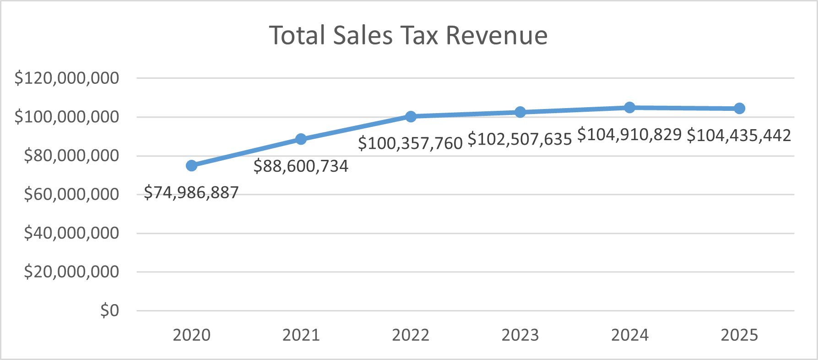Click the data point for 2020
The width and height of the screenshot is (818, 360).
pos(192,165)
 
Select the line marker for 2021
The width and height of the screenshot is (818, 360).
pos(301,139)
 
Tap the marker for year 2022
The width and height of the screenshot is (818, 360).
pos(411,116)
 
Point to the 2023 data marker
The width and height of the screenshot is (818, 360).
pos(520,112)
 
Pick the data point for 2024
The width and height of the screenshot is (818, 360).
pos(629,108)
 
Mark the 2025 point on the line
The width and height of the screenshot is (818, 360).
pos(739,109)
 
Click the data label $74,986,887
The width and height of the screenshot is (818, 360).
pos(191,192)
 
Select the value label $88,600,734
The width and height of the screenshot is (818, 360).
pos(301,166)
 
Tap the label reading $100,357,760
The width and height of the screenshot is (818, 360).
pos(410,143)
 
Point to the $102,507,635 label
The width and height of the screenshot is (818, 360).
pos(520,139)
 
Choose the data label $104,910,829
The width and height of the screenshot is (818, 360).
pos(629,135)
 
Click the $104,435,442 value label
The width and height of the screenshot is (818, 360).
pos(739,136)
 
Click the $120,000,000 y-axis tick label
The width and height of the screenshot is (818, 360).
pos(67,78)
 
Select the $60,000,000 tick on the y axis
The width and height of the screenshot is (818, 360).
pos(71,195)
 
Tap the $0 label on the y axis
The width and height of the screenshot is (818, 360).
pos(109,311)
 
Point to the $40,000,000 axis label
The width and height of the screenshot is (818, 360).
pos(71,234)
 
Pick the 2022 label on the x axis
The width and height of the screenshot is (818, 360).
pos(411,335)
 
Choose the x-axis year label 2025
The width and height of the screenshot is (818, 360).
pos(739,335)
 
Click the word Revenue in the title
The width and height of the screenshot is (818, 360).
pos(497,35)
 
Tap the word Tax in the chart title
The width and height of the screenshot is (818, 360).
pos(419,35)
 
